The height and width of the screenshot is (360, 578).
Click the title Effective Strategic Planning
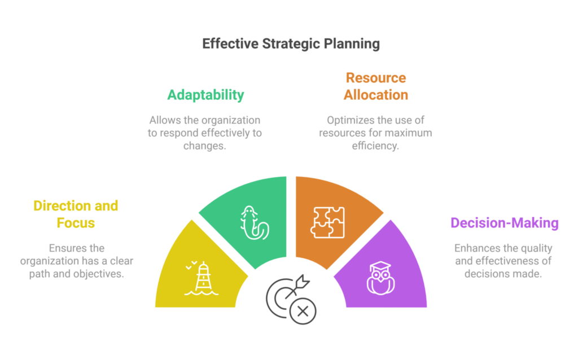291,44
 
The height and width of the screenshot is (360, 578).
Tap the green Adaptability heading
205,94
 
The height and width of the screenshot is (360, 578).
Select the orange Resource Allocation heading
375,86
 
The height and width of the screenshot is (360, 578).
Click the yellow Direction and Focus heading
76,214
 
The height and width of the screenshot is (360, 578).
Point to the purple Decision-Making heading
504,223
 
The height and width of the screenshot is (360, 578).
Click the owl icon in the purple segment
381,277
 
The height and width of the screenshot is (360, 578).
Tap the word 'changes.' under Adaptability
205,146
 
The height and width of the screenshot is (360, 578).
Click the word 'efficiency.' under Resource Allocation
375,146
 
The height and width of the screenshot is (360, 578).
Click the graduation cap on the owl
381,266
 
